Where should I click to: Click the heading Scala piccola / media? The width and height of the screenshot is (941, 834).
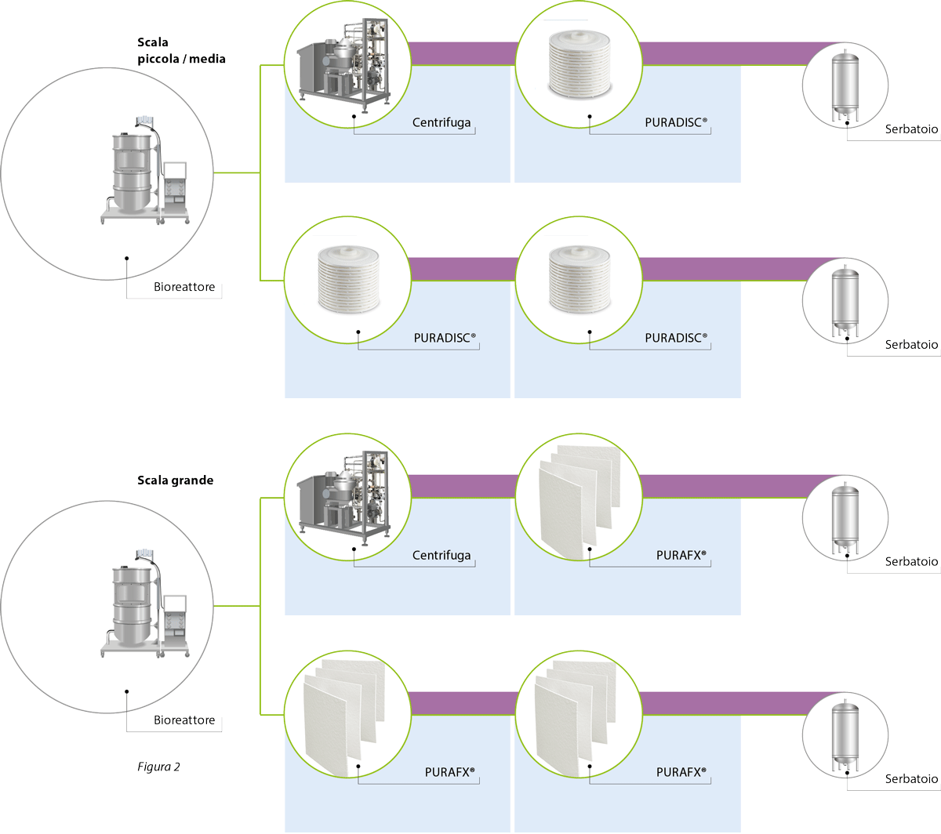pyautogui.click(x=181, y=50)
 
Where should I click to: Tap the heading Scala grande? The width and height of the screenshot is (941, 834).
pyautogui.click(x=175, y=480)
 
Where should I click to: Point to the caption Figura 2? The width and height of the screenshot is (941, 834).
pyautogui.click(x=158, y=767)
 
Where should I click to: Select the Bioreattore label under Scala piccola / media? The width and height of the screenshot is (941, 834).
pyautogui.click(x=184, y=287)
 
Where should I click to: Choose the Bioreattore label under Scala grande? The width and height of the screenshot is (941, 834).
pyautogui.click(x=184, y=720)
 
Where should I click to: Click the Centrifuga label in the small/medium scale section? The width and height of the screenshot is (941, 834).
pyautogui.click(x=441, y=123)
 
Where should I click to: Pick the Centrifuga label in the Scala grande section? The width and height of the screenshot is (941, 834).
pyautogui.click(x=441, y=556)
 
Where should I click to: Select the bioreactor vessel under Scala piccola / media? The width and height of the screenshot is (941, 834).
pyautogui.click(x=131, y=172)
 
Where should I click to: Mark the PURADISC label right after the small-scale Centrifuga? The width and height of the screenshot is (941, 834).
pyautogui.click(x=676, y=123)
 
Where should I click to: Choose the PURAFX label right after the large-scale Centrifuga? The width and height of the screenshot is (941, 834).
pyautogui.click(x=681, y=556)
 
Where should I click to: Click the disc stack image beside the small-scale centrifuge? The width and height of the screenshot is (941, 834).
pyautogui.click(x=579, y=63)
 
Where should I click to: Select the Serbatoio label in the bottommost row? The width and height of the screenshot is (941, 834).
pyautogui.click(x=911, y=779)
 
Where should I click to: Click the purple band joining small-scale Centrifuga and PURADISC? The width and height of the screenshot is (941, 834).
pyautogui.click(x=463, y=53)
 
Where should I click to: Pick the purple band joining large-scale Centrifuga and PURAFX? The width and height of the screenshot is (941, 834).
pyautogui.click(x=463, y=486)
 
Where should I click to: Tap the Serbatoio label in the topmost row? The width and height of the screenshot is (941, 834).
pyautogui.click(x=911, y=129)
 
